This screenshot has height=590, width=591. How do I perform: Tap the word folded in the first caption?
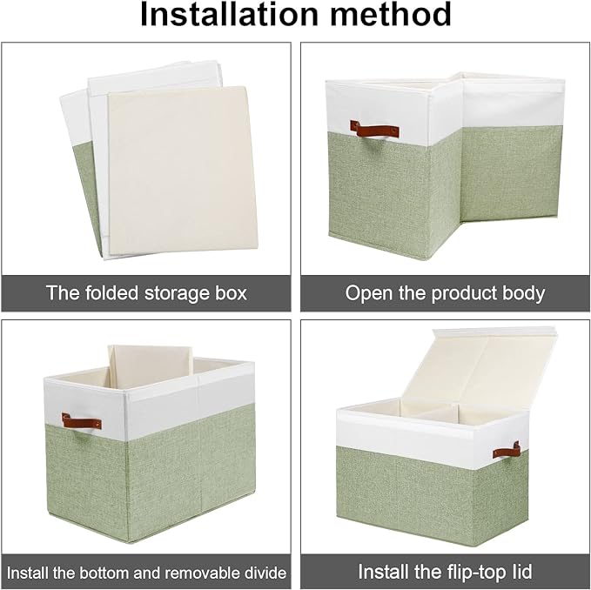click(x=111, y=292)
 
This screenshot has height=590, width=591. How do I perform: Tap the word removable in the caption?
click(x=202, y=573)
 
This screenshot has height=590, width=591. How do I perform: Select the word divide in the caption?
click(x=265, y=573)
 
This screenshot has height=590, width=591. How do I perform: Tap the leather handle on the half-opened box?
click(x=374, y=130)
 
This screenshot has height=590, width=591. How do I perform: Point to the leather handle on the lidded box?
click(x=507, y=451)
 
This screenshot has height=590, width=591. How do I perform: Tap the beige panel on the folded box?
click(x=183, y=171)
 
